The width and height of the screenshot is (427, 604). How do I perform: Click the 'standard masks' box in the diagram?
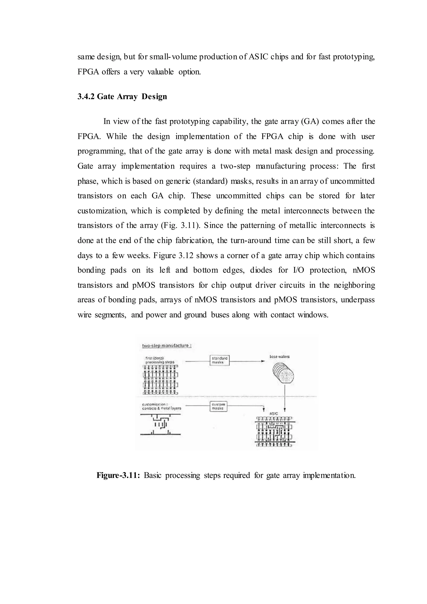pyautogui.click(x=220, y=360)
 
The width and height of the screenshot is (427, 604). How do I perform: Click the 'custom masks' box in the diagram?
pyautogui.click(x=218, y=406)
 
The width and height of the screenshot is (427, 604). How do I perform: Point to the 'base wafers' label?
pyautogui.click(x=280, y=357)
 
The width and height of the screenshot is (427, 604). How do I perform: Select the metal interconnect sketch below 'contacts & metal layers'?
pyautogui.click(x=160, y=424)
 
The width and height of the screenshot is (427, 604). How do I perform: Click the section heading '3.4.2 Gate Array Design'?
pyautogui.click(x=122, y=97)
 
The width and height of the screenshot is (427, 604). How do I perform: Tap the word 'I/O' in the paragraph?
pyautogui.click(x=298, y=270)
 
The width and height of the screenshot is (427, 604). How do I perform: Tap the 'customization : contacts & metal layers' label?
pyautogui.click(x=161, y=406)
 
